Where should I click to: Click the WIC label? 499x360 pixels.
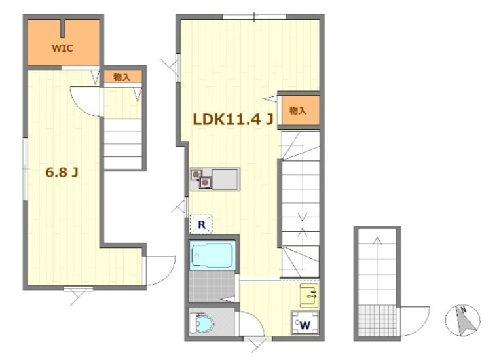tap(63, 48)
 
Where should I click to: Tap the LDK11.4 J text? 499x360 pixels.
tap(233, 119)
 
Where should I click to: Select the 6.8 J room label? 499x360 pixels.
tap(62, 172)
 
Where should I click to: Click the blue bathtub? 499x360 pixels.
tap(213, 255)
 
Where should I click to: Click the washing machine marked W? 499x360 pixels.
tap(305, 323)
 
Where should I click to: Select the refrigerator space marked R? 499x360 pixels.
tap(201, 225)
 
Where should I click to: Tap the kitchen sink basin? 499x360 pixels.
tap(225, 179)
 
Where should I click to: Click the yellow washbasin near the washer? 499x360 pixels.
tap(309, 296)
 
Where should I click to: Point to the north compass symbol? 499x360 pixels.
tap(462, 321)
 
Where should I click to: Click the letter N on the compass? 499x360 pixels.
tap(464, 309)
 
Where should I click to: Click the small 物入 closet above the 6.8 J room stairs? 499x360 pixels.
tap(123, 77)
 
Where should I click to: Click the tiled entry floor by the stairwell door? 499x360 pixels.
tap(377, 321)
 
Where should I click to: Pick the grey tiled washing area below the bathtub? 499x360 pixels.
tap(212, 286)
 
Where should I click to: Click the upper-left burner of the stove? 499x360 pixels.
tap(196, 174)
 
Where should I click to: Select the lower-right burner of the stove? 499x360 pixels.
tap(205, 183)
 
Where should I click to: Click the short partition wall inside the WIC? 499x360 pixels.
tap(64, 29)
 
